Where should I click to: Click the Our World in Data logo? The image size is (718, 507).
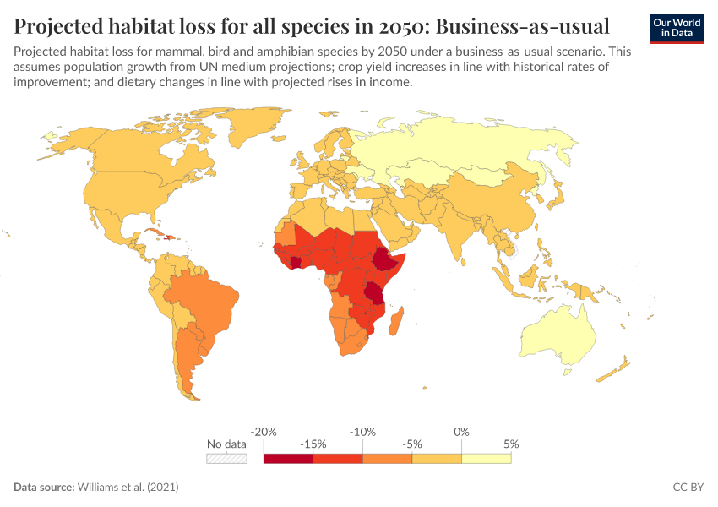tap(677, 29)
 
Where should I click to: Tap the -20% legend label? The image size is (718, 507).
tap(264, 432)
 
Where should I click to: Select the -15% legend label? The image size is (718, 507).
tap(313, 444)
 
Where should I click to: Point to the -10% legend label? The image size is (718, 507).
tap(362, 432)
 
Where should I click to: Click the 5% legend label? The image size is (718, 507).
tap(511, 444)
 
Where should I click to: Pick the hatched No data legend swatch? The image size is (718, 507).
tap(226, 459)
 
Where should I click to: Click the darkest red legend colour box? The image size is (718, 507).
tap(289, 459)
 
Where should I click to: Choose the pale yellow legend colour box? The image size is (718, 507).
tap(487, 459)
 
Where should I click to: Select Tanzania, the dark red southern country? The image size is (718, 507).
tap(374, 293)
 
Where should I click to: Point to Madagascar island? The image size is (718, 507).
tap(396, 321)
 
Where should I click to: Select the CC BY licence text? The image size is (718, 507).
tap(688, 487)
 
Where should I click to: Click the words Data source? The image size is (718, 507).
tap(44, 487)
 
